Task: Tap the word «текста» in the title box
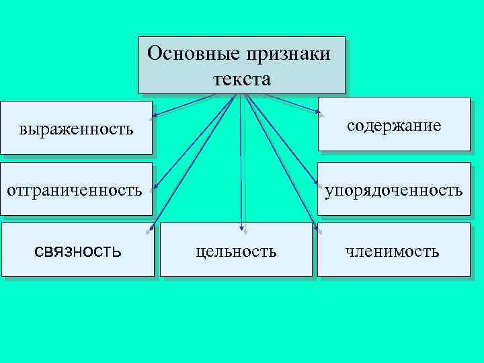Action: point(242,79)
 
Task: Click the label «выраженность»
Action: point(76,127)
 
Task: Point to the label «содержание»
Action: point(394,126)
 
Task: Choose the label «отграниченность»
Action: point(75,190)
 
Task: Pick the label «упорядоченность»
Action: point(394,190)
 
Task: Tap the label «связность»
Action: point(78,252)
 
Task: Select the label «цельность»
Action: point(236,252)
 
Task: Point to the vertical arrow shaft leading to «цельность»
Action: point(241,161)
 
